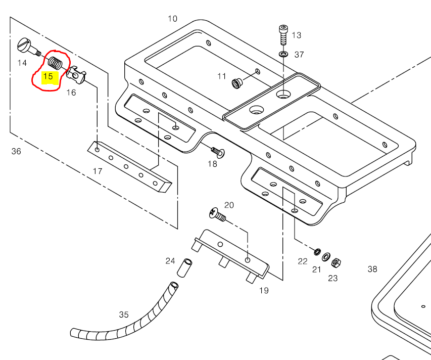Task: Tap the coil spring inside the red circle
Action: coord(55,64)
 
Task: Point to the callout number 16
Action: coord(71,93)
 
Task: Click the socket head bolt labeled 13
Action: coord(283,35)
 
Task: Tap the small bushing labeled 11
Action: coord(236,83)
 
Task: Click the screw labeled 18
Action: coord(218,152)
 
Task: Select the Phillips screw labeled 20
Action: coord(217,214)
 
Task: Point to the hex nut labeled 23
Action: coord(336,263)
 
